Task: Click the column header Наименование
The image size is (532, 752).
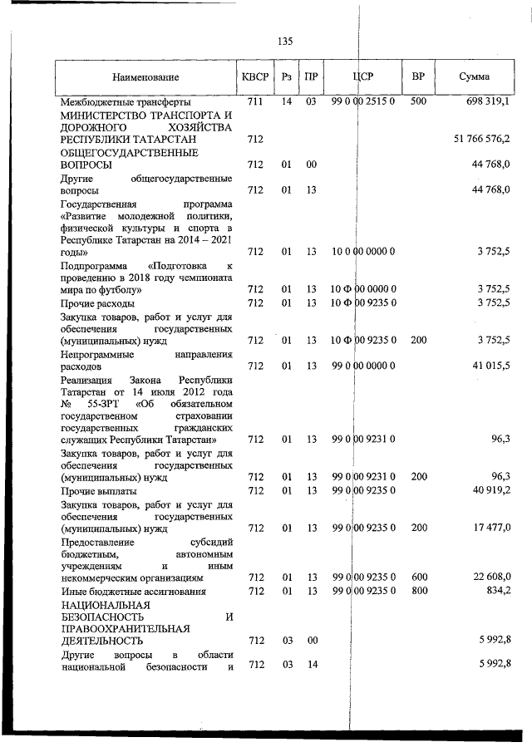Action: pyautogui.click(x=146, y=77)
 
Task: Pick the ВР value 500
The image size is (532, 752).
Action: pyautogui.click(x=418, y=101)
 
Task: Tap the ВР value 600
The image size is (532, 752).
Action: pyautogui.click(x=418, y=577)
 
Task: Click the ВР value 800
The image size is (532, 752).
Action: pyautogui.click(x=418, y=590)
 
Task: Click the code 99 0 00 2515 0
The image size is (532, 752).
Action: pyautogui.click(x=362, y=101)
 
